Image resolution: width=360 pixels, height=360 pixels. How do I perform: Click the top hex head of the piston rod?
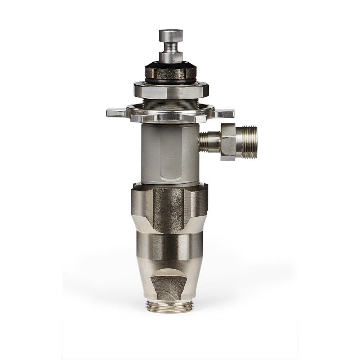click(x=171, y=35)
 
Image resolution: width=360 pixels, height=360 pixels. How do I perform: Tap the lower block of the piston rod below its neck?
click(x=171, y=57)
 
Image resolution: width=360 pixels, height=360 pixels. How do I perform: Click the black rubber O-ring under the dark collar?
click(x=171, y=81)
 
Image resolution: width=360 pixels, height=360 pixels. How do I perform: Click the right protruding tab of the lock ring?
click(x=225, y=113)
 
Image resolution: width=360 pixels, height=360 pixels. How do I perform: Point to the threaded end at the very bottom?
click(x=169, y=306)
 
